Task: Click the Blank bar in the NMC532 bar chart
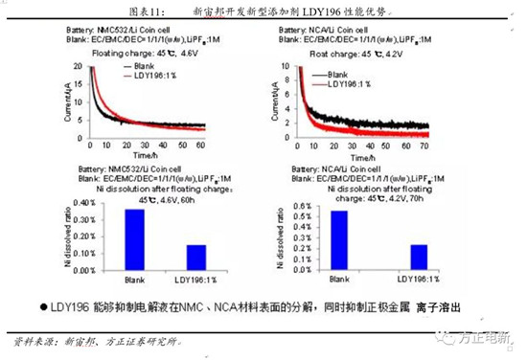(134, 241)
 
